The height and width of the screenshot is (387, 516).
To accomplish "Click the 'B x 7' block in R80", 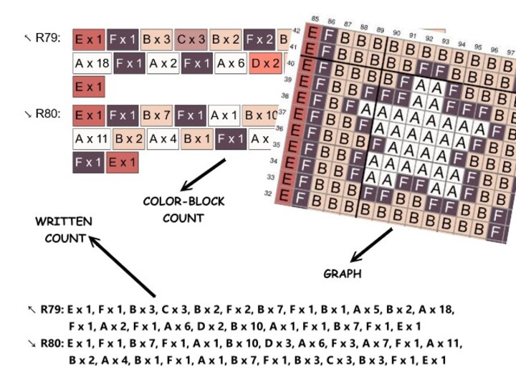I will [x=157, y=115].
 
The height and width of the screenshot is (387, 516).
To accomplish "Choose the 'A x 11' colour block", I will [x=92, y=138].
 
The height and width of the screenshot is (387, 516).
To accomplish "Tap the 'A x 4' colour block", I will [x=163, y=138].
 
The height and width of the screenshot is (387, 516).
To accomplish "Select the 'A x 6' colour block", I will [x=231, y=64].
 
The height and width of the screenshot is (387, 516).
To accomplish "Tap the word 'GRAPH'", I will [x=343, y=274].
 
